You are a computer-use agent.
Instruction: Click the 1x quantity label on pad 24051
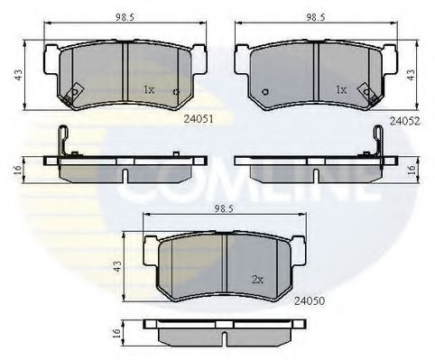tap(150, 90)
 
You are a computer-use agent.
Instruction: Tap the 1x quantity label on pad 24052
tap(341, 90)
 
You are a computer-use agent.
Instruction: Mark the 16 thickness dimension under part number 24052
tap(412, 168)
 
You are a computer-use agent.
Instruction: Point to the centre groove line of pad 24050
tap(224, 262)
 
